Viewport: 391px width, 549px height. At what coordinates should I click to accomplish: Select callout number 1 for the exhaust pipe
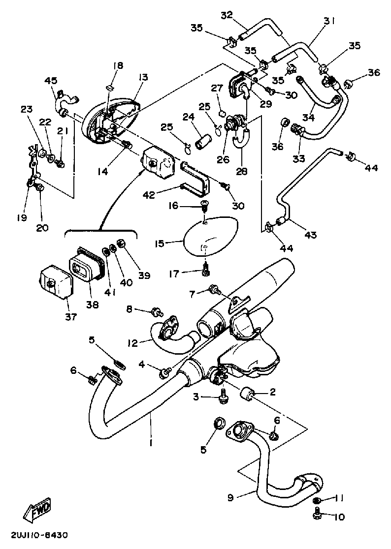pos(151,443)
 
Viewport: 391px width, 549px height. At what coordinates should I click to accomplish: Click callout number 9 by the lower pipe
pos(230,497)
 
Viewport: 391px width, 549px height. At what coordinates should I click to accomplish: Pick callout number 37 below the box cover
pos(70,317)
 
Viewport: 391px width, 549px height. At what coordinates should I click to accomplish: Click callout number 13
pos(143,77)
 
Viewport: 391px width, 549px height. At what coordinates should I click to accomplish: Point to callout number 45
pos(51,81)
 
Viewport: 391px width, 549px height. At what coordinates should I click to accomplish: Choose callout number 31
pos(329,21)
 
